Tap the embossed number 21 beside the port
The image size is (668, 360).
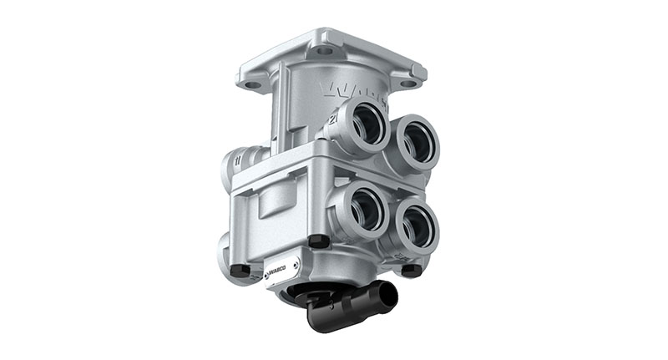pyautogui.click(x=332, y=119)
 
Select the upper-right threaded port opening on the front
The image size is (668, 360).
pyautogui.click(x=415, y=142)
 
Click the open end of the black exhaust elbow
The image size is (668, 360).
pyautogui.click(x=386, y=295)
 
